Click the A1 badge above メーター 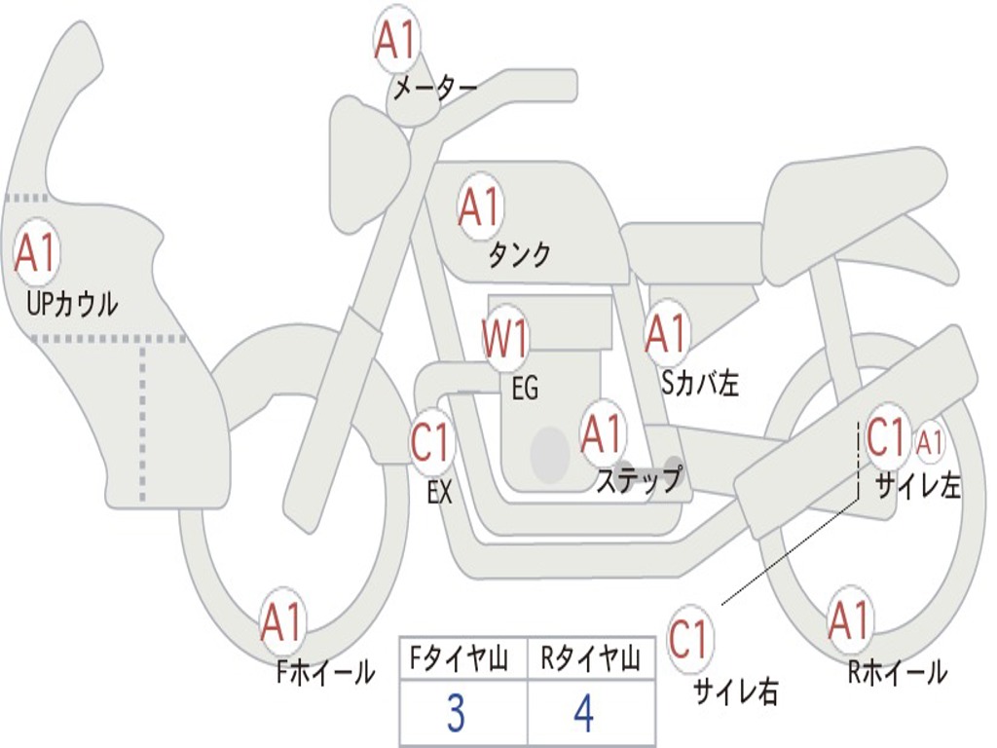[396, 41]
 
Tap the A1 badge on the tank [480, 206]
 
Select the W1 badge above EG [505, 338]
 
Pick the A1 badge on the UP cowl [36, 252]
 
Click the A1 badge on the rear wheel [850, 619]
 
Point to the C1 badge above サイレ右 [688, 638]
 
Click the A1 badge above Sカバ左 [666, 334]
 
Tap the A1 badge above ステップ [602, 433]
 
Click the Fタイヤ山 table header [460, 658]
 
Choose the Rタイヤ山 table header [590, 658]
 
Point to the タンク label [520, 255]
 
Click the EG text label [525, 388]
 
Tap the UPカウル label [72, 304]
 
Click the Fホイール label [325, 672]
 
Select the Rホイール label [898, 671]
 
